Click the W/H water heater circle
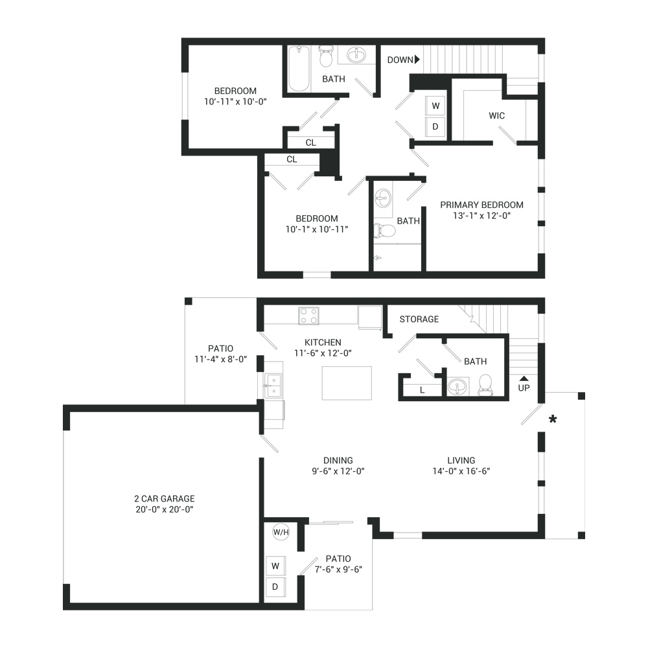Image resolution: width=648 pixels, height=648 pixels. tap(281, 532)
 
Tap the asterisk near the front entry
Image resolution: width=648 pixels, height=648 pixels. tap(553, 420)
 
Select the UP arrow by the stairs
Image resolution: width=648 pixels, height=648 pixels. tap(524, 378)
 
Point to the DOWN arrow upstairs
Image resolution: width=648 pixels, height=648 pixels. tap(417, 60)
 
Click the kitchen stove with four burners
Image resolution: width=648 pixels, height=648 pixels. tap(308, 316)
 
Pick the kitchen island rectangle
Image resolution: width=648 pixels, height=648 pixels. tap(347, 383)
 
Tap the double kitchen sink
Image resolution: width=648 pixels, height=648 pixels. tap(273, 385)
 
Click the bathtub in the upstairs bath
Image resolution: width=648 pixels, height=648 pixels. tap(299, 69)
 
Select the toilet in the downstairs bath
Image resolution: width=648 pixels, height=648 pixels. tap(485, 385)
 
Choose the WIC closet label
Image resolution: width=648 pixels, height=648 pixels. tap(497, 116)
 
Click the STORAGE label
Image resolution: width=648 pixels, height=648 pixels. tap(419, 319)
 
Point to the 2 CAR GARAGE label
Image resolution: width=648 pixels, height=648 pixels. tap(165, 499)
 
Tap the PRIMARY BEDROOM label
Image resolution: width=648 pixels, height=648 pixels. tap(482, 205)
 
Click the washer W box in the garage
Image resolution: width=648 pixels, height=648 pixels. tap(275, 566)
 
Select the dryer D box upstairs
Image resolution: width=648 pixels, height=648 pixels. tap(435, 126)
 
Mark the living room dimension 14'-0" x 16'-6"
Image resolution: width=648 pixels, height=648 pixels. tap(461, 471)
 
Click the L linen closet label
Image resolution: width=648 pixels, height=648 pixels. tap(422, 390)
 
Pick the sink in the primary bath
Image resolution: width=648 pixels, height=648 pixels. tap(383, 198)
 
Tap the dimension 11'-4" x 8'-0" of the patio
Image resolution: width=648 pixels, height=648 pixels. tap(221, 359)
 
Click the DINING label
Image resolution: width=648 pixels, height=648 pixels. tap(338, 460)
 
